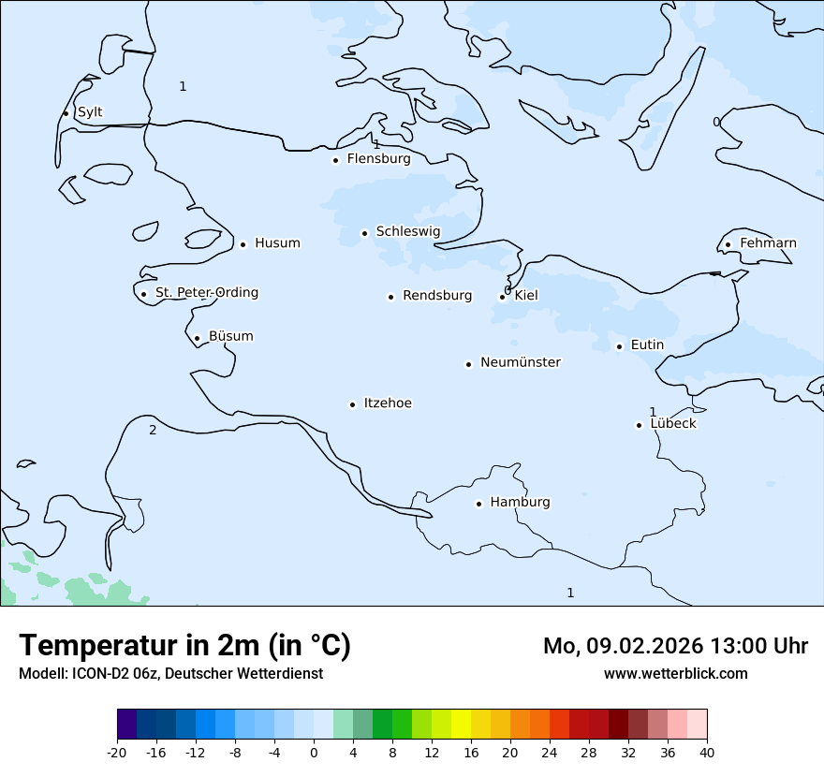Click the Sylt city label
pos(90,112)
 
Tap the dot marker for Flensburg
pos(335,160)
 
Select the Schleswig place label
pos(407,231)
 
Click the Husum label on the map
pos(277,243)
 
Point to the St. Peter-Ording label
pos(206,293)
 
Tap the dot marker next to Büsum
pos(197,338)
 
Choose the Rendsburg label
pos(437,296)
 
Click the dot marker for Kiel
pos(502,297)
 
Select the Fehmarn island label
pos(768,243)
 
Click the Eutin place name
pos(647,345)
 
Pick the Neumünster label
pos(521,362)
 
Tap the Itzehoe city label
pos(388,403)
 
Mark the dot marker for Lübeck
pos(639,425)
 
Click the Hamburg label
pos(520,503)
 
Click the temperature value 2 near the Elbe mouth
pos(153,431)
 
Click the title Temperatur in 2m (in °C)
pos(184,646)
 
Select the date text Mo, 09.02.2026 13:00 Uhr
pos(675,646)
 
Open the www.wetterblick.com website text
pos(675,674)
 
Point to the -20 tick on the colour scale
pos(117,753)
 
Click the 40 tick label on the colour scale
pos(707,753)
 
